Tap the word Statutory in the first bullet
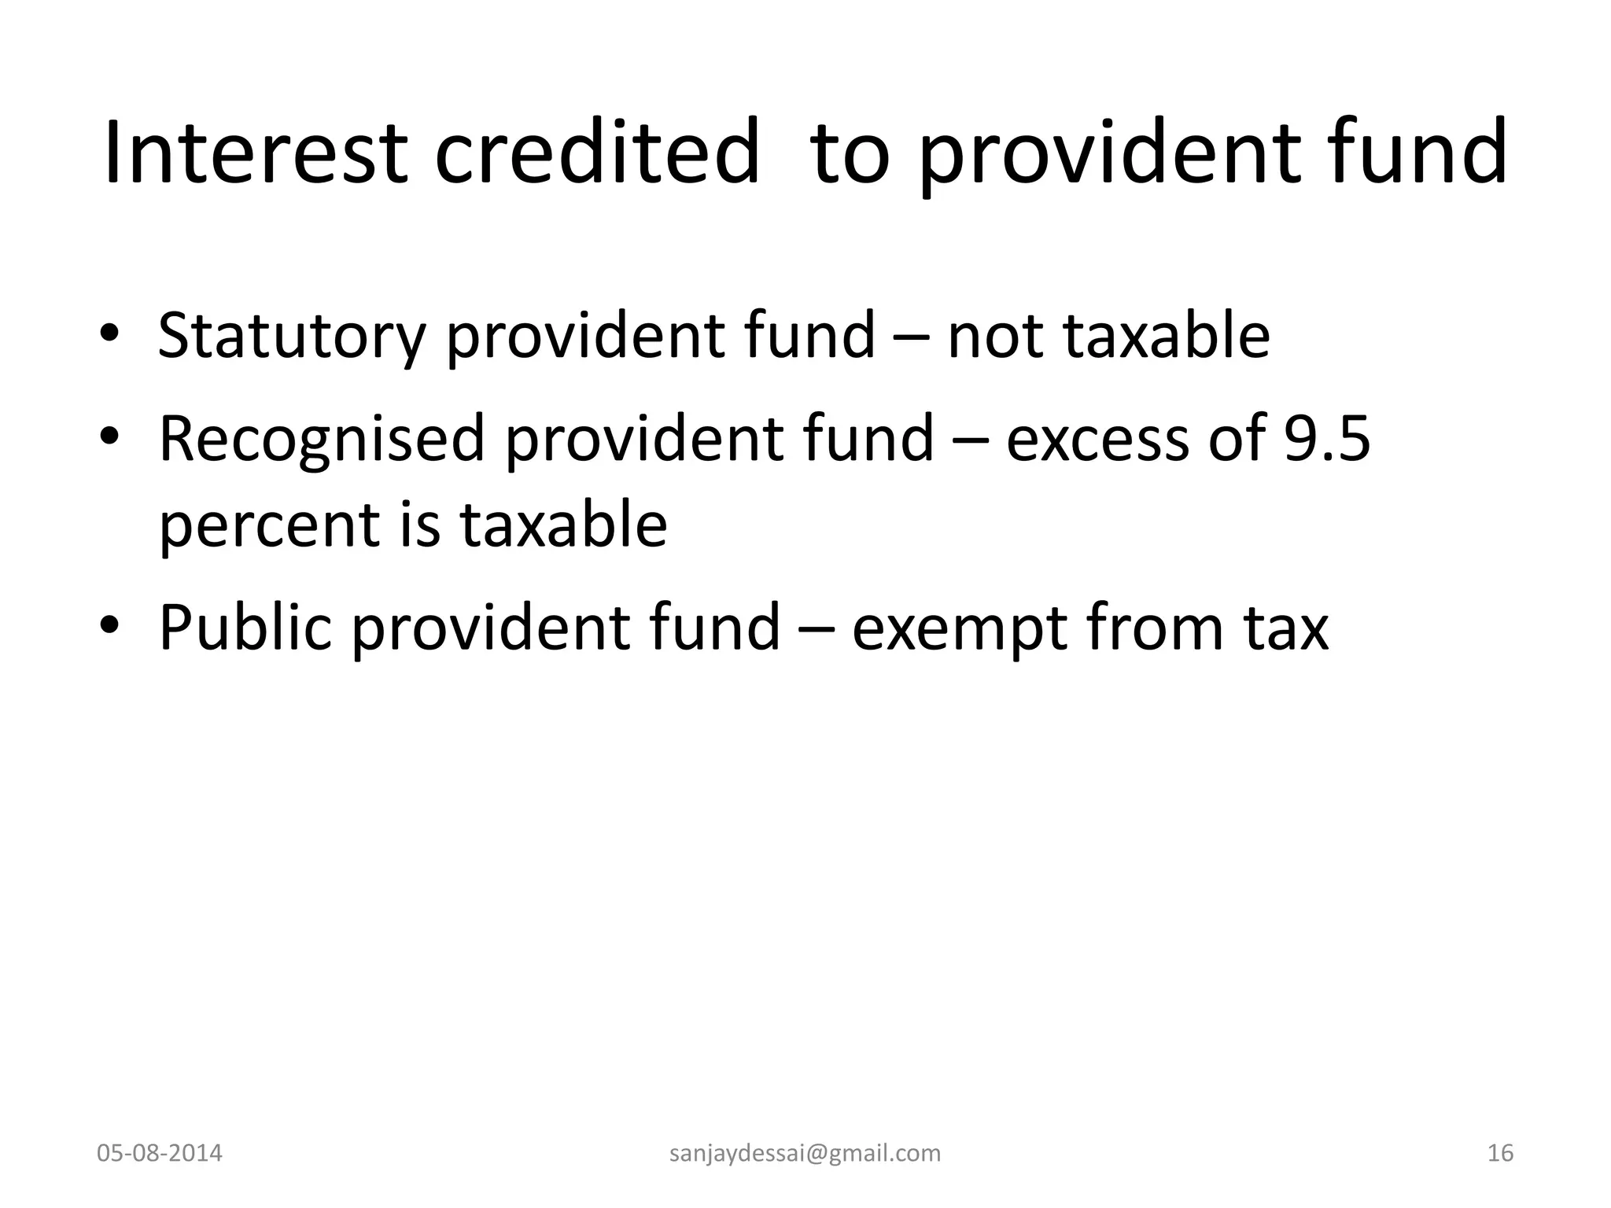pos(292,336)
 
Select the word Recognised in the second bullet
pos(322,439)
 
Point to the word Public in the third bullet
pos(245,627)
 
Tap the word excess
pos(1097,439)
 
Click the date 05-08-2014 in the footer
pos(160,1153)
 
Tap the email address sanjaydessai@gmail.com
pos(805,1153)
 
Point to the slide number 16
pos(1500,1153)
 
